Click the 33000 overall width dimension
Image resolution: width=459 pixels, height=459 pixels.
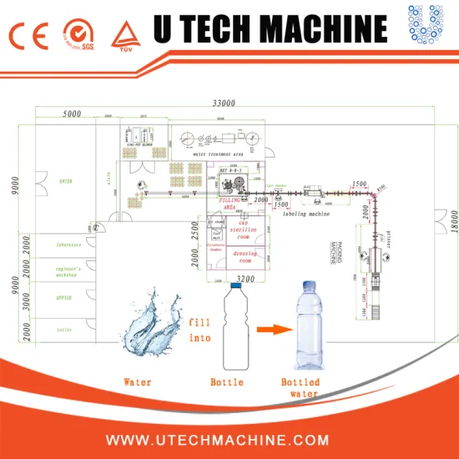tap(223, 103)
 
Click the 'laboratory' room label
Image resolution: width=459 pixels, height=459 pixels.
tap(63, 245)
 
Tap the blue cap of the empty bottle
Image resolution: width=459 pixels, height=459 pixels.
tap(236, 285)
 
